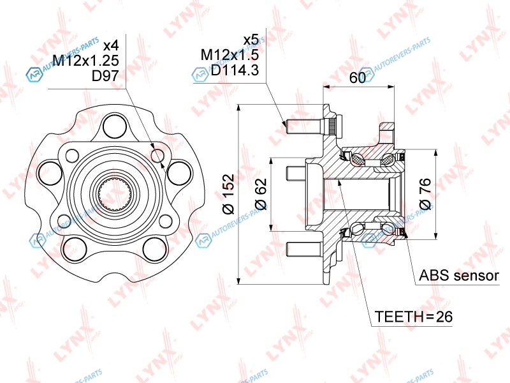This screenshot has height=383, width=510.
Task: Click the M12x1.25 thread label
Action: point(85,61)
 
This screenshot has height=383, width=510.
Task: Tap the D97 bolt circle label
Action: point(105,76)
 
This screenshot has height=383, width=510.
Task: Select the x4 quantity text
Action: point(110,46)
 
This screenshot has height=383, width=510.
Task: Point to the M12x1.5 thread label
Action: point(229,55)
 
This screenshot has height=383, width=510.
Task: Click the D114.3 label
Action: point(235,70)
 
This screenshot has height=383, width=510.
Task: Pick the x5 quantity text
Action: point(251,40)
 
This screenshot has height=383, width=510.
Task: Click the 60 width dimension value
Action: point(358,77)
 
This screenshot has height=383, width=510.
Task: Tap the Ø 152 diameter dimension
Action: point(228,194)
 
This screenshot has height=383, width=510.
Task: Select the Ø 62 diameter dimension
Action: point(261,194)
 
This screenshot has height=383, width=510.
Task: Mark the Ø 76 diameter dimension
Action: point(425,194)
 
